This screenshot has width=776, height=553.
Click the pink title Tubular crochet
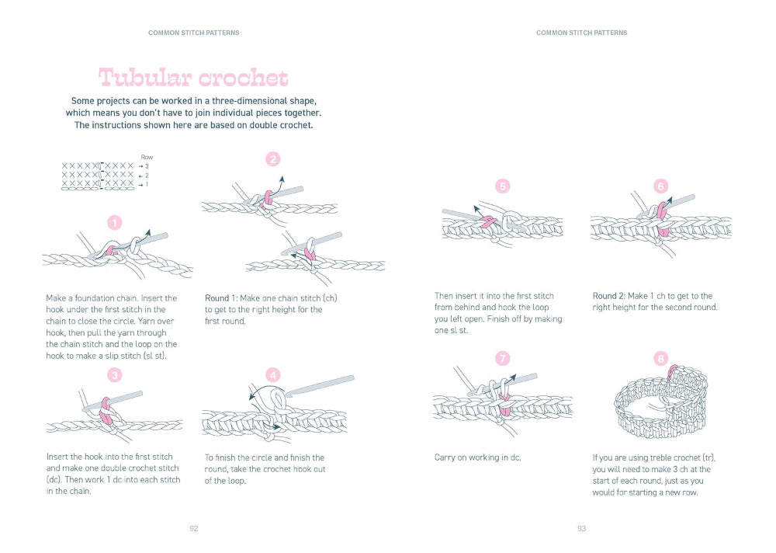coord(193,78)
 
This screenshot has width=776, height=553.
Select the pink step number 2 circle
coord(272,159)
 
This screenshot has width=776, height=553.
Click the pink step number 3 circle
coord(115,375)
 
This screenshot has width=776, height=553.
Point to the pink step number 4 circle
coord(272,375)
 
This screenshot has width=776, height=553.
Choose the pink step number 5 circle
coord(503,186)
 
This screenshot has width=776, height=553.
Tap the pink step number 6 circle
coord(660,186)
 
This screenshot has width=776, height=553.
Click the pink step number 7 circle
coord(503,359)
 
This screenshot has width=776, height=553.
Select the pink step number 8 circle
coord(660,359)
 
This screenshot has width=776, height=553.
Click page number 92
coord(194,528)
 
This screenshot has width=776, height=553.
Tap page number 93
coord(581,528)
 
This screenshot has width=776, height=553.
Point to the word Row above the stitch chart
coord(147,158)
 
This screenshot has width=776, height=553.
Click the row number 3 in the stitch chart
coord(147,166)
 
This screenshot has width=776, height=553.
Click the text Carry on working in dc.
coord(477,457)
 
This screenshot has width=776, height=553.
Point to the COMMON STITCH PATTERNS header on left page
coord(193,33)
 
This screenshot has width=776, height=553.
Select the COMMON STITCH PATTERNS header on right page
coord(581,33)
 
